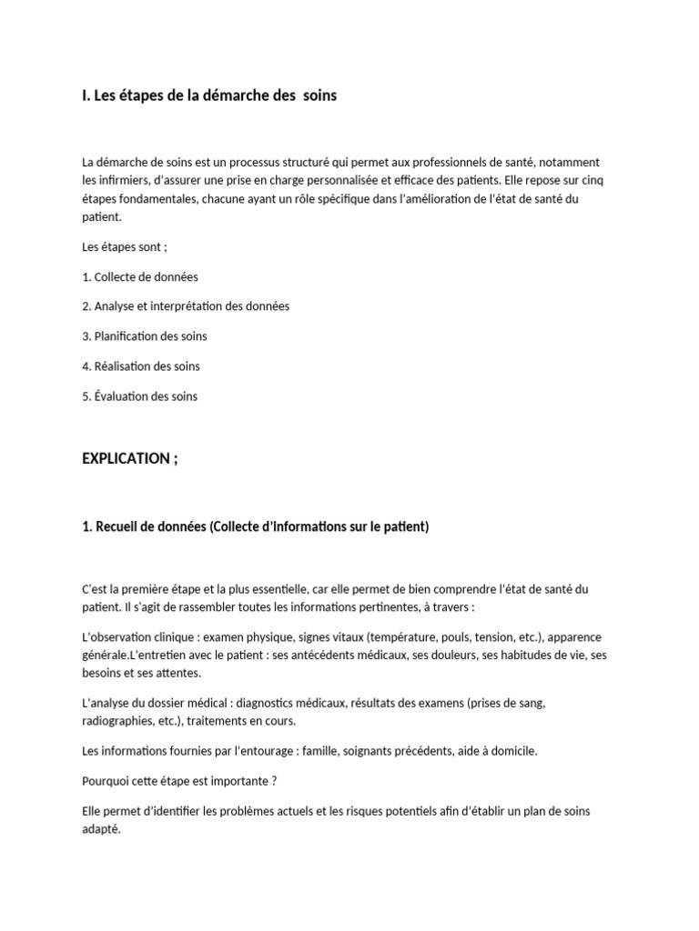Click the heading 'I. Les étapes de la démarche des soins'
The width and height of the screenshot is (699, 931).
point(209,95)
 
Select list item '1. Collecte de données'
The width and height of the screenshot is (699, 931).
point(140,276)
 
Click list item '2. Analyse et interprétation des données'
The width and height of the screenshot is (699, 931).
point(186,306)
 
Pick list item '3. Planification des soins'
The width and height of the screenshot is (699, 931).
point(145,336)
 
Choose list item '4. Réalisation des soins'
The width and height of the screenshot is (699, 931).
point(141,366)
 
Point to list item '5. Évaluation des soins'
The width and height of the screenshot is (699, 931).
point(139,396)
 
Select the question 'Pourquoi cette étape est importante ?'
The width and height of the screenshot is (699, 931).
point(179,781)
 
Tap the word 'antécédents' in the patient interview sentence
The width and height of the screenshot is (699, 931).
point(312,656)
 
